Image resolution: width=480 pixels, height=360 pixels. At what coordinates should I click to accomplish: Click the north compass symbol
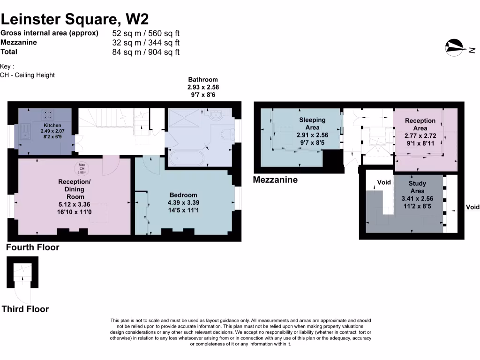click(x=455, y=47)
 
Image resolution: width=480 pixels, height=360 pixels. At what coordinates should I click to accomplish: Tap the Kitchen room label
click(x=52, y=126)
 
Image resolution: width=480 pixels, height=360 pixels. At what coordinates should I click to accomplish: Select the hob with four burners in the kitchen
click(x=48, y=115)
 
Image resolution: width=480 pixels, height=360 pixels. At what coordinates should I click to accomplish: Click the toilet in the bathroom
click(x=226, y=135)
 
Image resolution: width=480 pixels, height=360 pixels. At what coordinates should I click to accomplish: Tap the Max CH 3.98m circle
click(x=82, y=167)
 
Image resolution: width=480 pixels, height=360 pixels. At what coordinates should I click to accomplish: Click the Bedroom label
click(x=183, y=195)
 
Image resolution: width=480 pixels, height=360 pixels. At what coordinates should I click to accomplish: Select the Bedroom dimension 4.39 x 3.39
click(x=183, y=203)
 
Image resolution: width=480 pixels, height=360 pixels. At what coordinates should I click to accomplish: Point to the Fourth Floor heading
click(x=33, y=247)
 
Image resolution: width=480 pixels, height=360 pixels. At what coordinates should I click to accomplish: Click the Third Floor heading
click(x=25, y=309)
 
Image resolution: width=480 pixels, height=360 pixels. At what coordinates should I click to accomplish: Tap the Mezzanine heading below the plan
click(x=275, y=180)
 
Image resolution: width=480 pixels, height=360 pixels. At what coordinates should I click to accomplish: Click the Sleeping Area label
click(x=312, y=124)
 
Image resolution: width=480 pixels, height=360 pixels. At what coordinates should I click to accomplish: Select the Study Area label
click(x=417, y=187)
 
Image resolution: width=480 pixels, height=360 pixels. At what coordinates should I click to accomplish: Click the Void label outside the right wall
click(x=472, y=207)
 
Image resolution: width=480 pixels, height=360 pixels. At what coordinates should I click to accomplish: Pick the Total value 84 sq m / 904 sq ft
click(x=146, y=52)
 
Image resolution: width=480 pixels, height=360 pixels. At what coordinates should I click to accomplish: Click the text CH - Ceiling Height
click(x=28, y=75)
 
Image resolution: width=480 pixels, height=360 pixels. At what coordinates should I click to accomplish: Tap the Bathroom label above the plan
click(x=203, y=80)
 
